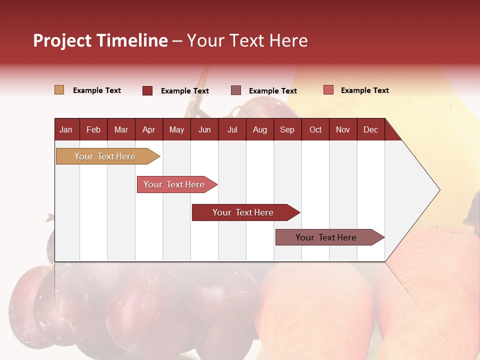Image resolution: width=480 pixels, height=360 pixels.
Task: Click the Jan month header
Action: pyautogui.click(x=66, y=129)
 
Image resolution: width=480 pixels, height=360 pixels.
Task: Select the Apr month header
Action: pyautogui.click(x=149, y=129)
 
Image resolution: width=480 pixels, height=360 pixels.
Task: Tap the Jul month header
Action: pyautogui.click(x=232, y=129)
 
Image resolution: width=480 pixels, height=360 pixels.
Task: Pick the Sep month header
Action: pyautogui.click(x=287, y=129)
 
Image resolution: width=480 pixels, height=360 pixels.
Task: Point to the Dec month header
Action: pyautogui.click(x=370, y=129)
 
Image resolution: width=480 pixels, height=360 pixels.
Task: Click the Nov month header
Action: pyautogui.click(x=342, y=129)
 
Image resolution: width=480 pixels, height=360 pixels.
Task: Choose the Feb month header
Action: pyautogui.click(x=93, y=129)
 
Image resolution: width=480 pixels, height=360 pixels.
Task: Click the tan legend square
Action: pyautogui.click(x=59, y=90)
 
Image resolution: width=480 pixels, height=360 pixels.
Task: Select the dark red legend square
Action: pyautogui.click(x=147, y=90)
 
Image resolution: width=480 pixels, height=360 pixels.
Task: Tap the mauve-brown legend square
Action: pyautogui.click(x=236, y=90)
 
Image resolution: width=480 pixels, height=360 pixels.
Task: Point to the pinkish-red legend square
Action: pyautogui.click(x=328, y=90)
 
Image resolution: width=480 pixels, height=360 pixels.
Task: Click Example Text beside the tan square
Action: pyautogui.click(x=97, y=90)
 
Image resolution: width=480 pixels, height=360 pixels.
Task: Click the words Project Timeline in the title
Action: pyautogui.click(x=100, y=40)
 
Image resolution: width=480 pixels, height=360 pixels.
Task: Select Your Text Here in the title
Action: pyautogui.click(x=247, y=40)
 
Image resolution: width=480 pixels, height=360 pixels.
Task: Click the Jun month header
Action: pyautogui.click(x=204, y=129)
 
